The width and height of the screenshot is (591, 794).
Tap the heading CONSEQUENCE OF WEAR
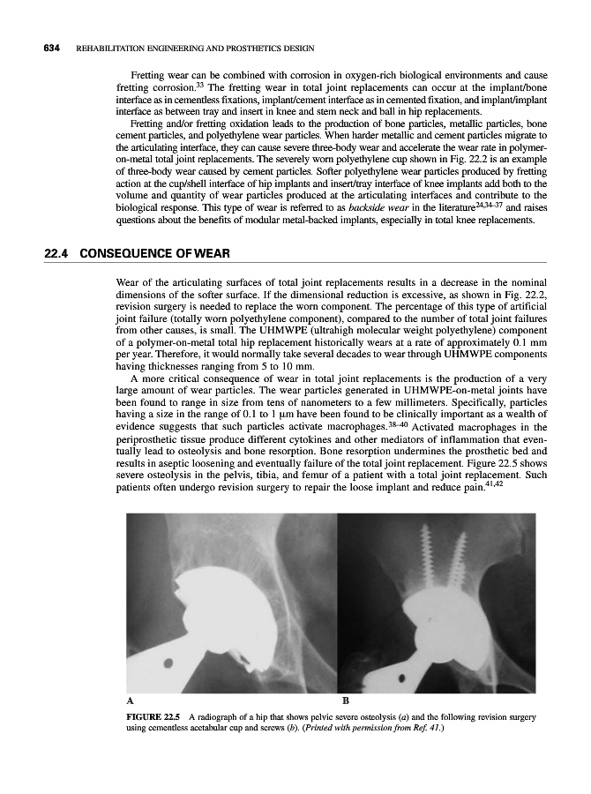[154, 255]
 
